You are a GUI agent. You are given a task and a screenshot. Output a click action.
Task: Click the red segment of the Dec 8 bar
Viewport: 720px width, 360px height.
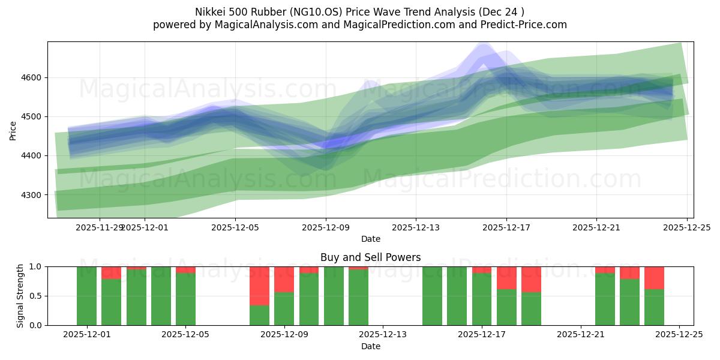(259, 286)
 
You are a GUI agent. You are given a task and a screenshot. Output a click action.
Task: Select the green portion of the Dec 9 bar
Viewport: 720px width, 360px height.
(284, 308)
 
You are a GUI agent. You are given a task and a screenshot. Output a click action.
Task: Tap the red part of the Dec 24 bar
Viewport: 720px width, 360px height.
(654, 278)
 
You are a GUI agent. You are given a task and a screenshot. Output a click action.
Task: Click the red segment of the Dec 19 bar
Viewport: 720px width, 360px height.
(531, 279)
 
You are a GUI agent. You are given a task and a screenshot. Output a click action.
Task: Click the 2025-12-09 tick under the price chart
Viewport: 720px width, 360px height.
(326, 227)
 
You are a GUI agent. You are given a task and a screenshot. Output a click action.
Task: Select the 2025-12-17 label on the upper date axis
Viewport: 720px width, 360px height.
(506, 227)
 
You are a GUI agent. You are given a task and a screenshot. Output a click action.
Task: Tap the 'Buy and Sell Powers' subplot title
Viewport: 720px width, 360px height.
(370, 257)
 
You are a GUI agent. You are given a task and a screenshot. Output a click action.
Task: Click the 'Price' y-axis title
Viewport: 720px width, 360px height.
(13, 130)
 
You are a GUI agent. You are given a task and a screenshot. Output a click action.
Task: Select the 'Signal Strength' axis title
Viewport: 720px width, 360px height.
(20, 296)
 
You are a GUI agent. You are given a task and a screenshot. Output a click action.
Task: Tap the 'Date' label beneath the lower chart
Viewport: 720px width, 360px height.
(370, 346)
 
